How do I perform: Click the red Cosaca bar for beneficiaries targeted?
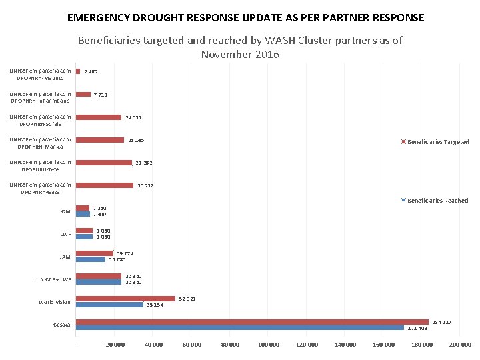252,322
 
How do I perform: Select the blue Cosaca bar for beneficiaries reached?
240,328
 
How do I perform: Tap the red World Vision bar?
125,299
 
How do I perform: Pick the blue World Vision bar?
109,305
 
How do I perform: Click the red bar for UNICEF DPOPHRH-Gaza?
105,185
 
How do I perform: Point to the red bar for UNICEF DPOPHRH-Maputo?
78,71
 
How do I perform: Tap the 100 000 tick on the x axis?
269,345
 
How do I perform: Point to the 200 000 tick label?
460,345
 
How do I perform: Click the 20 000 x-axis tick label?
115,345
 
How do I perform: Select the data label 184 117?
442,322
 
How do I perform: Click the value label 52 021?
188,299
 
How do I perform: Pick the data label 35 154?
155,305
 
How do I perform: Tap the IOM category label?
65,212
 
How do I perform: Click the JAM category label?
65,257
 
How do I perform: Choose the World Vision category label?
55,302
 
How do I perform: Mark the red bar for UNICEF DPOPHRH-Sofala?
99,117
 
